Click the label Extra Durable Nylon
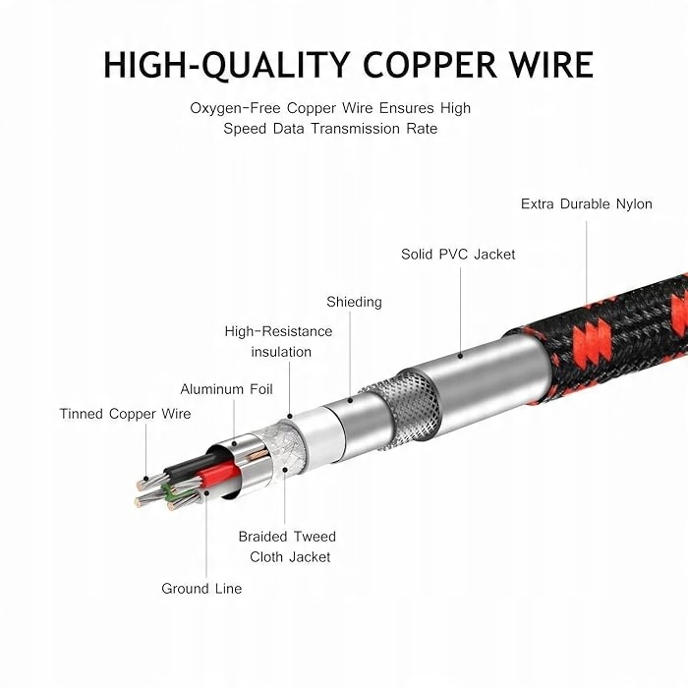click(586, 204)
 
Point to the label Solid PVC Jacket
click(458, 254)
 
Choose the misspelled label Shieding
click(354, 302)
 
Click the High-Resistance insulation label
click(279, 341)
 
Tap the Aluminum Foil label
click(226, 389)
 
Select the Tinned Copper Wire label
click(125, 414)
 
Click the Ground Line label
click(201, 588)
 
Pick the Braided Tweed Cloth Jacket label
click(286, 546)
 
